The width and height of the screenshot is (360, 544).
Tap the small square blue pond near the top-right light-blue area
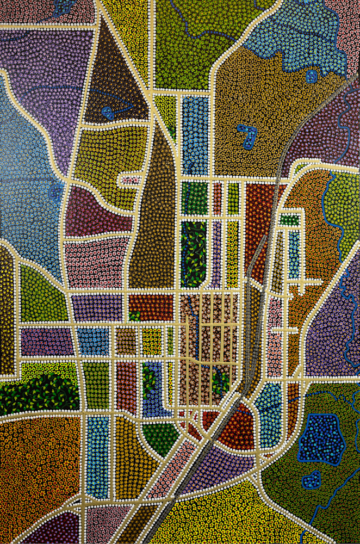coord(311,76)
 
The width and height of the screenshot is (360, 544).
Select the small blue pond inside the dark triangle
coord(107,113)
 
